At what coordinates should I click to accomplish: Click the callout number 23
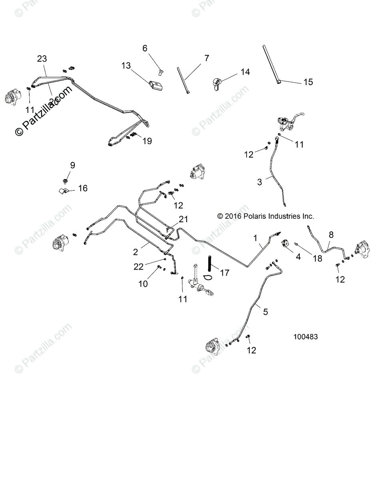[x=42, y=59]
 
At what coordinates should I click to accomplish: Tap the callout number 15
[x=308, y=82]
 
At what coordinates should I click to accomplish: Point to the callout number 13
[x=126, y=66]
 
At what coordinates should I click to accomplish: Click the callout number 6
[x=145, y=48]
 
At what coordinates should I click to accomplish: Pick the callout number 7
[x=206, y=58]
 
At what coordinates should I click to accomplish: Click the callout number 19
[x=147, y=141]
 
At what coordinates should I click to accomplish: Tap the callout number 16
[x=82, y=188]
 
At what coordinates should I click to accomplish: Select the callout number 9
[x=72, y=165]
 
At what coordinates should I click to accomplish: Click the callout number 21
[x=183, y=219]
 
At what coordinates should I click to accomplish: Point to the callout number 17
[x=225, y=273]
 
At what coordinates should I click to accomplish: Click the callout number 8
[x=331, y=235]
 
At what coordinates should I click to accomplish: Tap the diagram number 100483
[x=305, y=337]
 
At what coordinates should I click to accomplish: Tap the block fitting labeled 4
[x=286, y=243]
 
